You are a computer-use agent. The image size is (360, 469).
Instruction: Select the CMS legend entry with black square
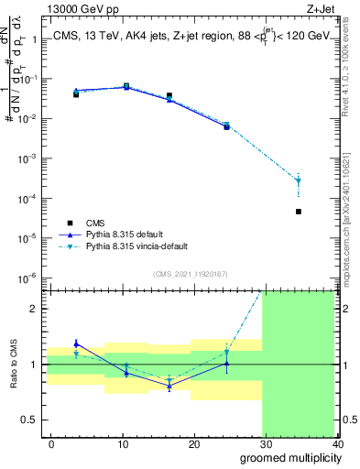click(69, 222)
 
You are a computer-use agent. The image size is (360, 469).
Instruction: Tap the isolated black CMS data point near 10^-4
click(324, 212)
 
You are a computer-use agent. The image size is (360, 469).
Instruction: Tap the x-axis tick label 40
click(337, 443)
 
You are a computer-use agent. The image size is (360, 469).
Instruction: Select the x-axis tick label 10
click(123, 443)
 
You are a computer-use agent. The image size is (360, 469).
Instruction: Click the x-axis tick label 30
click(266, 443)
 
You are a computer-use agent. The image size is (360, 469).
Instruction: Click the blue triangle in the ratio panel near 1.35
click(76, 344)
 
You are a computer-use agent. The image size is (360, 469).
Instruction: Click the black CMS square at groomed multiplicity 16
click(169, 95)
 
